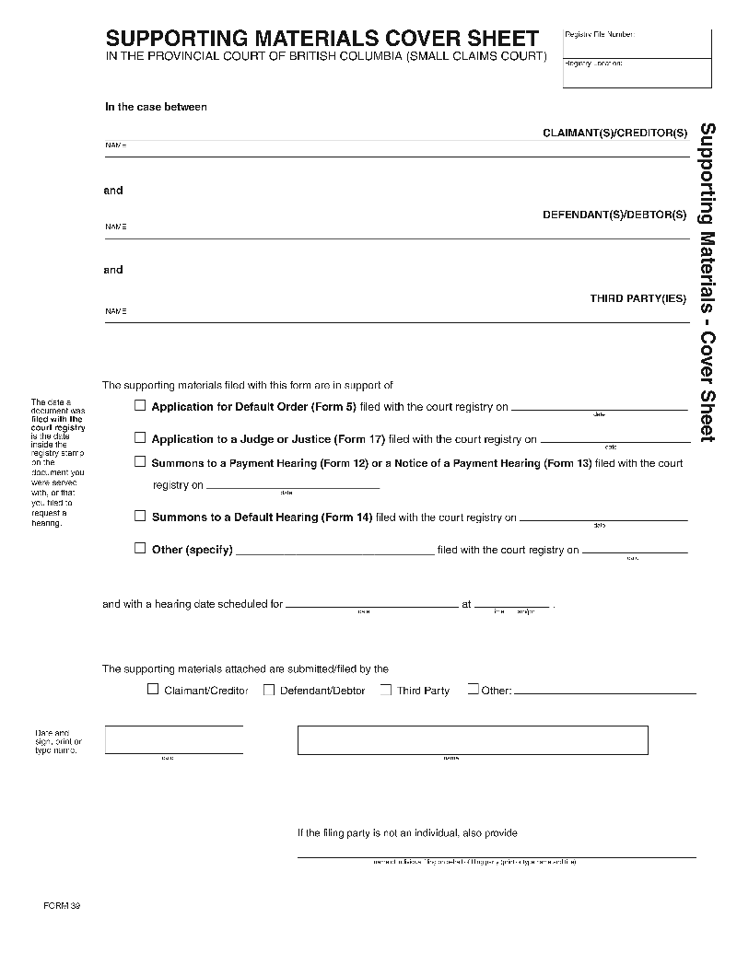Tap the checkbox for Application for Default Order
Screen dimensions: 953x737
point(140,405)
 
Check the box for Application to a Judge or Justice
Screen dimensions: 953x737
point(140,438)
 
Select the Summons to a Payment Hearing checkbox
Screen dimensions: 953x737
point(140,462)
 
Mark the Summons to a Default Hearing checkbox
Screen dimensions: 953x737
point(140,517)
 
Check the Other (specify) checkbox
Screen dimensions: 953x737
point(140,549)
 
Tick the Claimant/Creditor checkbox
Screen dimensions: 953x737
point(153,690)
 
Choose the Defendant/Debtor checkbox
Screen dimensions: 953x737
point(269,690)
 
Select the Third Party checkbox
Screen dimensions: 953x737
point(386,690)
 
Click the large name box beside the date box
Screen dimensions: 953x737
point(473,739)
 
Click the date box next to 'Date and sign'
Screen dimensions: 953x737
point(174,739)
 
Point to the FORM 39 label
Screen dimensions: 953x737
point(62,906)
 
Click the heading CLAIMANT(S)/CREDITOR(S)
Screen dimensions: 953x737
point(614,134)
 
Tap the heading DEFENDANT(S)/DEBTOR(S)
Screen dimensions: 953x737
point(614,215)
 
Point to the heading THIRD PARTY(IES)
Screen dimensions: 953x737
point(638,298)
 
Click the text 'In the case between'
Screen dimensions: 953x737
point(156,107)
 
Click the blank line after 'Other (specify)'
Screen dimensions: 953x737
point(335,552)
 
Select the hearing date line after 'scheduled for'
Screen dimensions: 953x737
point(371,607)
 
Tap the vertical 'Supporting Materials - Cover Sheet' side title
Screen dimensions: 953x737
point(708,282)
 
